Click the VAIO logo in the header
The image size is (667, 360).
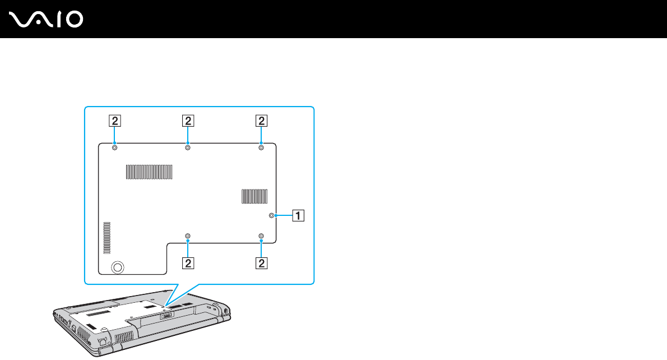click(47, 20)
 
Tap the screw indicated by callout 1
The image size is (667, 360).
click(272, 215)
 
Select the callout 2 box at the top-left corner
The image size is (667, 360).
click(114, 120)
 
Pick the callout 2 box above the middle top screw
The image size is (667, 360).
click(187, 120)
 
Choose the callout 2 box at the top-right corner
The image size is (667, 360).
click(261, 120)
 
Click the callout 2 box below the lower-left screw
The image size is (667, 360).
click(187, 262)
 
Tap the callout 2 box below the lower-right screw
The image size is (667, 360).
click(261, 262)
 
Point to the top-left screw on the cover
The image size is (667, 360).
click(114, 148)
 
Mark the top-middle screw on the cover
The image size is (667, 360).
click(187, 148)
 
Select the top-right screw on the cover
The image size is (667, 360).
click(261, 148)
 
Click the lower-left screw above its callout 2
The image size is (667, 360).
click(187, 236)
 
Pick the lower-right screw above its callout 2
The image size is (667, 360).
click(261, 236)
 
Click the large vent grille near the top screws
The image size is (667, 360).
click(149, 172)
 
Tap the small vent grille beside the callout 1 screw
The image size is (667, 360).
click(254, 196)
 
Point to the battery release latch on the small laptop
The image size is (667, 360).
click(167, 315)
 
